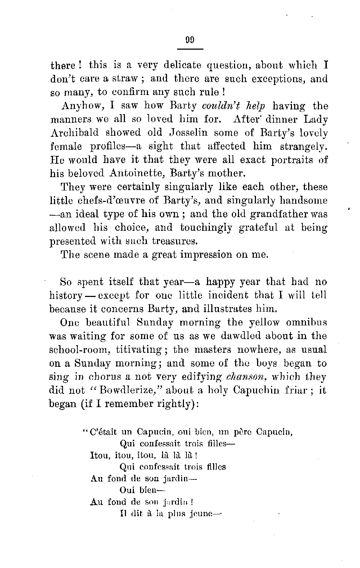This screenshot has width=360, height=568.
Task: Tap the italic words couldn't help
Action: [234, 106]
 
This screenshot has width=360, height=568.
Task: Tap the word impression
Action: [203, 255]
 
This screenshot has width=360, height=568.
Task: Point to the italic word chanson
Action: [243, 377]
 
